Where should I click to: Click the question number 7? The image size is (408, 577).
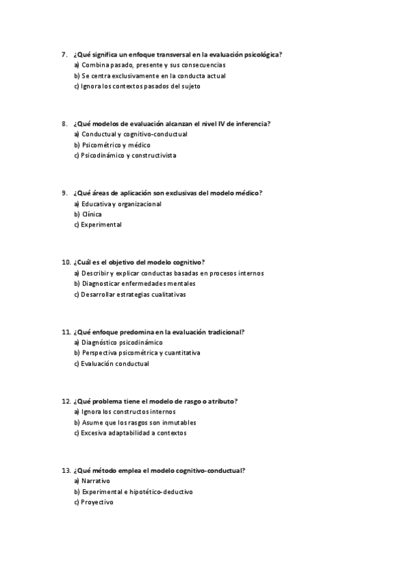tap(63, 54)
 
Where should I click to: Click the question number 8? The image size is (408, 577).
tap(63, 124)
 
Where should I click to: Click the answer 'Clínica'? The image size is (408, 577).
tap(91, 214)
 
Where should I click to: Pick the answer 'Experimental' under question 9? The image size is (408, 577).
tap(101, 225)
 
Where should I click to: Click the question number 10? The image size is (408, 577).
tap(65, 262)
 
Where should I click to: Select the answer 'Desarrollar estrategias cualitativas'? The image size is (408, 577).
tap(133, 295)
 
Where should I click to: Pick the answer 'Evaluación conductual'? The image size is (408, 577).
tap(114, 363)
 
